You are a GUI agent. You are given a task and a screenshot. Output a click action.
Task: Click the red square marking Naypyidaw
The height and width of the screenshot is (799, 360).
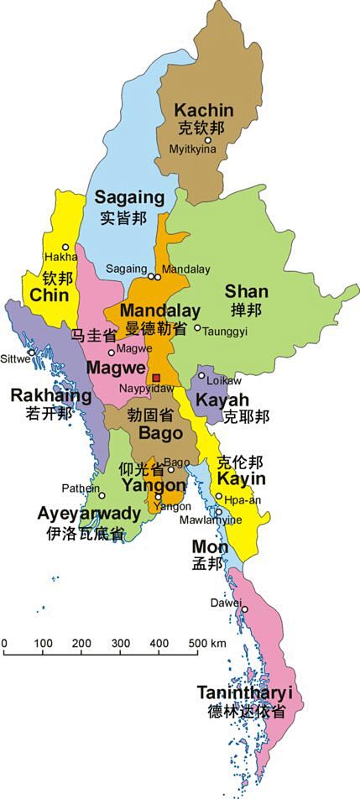point(156,378)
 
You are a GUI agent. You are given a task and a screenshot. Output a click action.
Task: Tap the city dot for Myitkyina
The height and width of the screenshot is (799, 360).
point(207,140)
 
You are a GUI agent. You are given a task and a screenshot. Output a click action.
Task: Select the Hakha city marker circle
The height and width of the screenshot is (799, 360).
point(65,247)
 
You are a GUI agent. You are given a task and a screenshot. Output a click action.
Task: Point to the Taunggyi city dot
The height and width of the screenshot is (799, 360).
point(198,327)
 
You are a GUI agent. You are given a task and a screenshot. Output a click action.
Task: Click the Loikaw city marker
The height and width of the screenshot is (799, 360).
point(201,376)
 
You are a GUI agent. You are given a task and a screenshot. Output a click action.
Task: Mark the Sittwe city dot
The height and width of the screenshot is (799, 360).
point(32,352)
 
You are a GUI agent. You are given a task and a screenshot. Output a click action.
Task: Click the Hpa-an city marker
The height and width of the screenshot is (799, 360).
point(219,496)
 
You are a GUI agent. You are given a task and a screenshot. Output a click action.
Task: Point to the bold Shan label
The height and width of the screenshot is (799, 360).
point(246,292)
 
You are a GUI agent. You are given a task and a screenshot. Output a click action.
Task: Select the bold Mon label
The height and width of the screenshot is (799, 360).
point(210,547)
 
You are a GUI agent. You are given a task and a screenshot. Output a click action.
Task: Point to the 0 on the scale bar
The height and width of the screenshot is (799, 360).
point(4,644)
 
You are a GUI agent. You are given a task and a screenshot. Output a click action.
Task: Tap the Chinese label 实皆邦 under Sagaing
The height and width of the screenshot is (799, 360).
point(123,218)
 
